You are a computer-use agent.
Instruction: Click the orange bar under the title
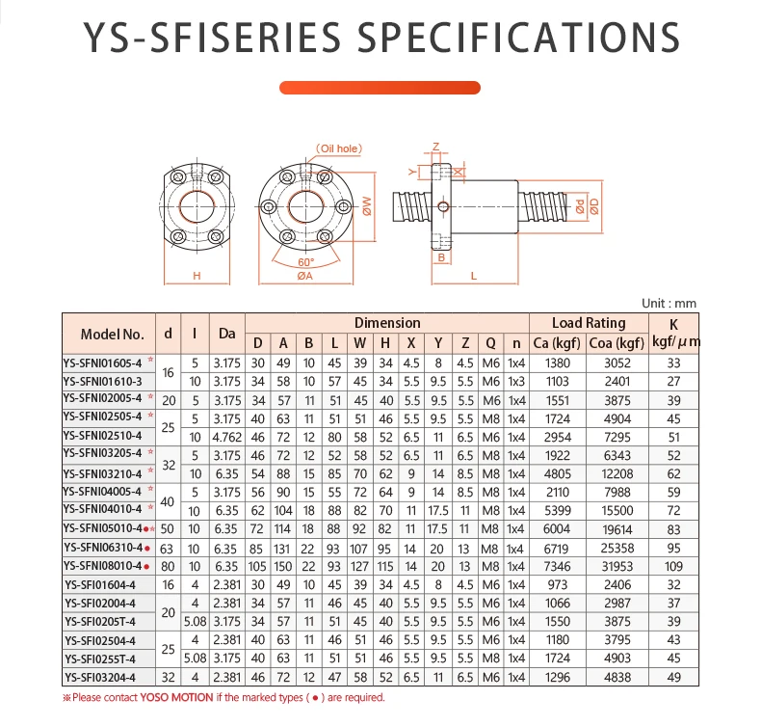380,88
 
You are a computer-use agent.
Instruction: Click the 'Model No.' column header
112,334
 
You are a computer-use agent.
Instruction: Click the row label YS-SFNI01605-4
102,363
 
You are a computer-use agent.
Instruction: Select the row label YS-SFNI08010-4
102,565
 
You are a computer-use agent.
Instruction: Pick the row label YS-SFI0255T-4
102,658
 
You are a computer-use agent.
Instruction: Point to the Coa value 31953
617,565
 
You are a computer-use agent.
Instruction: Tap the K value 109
674,565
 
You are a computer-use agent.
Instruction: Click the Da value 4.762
226,437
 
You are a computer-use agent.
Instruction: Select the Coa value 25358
617,547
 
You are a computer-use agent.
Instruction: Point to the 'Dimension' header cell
387,323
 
